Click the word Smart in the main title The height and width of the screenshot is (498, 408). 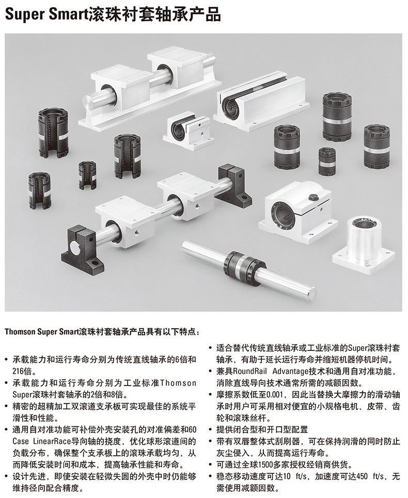pyautogui.click(x=64, y=14)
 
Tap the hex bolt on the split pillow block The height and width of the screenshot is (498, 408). pyautogui.click(x=312, y=198)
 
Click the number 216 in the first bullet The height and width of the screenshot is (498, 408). pyautogui.click(x=20, y=371)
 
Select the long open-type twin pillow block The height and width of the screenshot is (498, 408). pyautogui.click(x=261, y=102)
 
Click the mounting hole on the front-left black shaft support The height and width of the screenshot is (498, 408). pyautogui.click(x=95, y=263)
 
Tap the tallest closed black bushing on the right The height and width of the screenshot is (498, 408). pyautogui.click(x=337, y=116)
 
